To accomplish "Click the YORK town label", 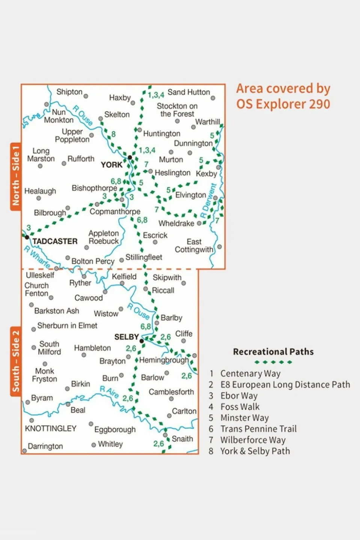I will point(111,165).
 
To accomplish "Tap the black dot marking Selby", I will point(142,341).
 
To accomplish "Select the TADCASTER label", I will point(55,241).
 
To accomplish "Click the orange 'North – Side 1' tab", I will point(15,176).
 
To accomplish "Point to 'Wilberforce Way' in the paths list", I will point(253,440).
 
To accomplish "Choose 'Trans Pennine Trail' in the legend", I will point(258,429).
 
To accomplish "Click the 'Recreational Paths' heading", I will point(273,352).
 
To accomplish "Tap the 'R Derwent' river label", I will point(208,201).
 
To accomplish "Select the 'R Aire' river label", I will point(109,392).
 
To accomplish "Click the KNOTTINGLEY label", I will point(51,429).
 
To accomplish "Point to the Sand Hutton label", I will point(188,92).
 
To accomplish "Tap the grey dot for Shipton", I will point(86,96).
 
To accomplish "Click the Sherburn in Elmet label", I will point(67,326).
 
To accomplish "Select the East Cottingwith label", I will point(194,246).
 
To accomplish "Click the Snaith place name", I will point(182,439).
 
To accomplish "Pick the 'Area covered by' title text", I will point(283,89).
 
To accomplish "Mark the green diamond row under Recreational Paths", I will point(273,362).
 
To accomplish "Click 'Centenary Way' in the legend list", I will point(250,374).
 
